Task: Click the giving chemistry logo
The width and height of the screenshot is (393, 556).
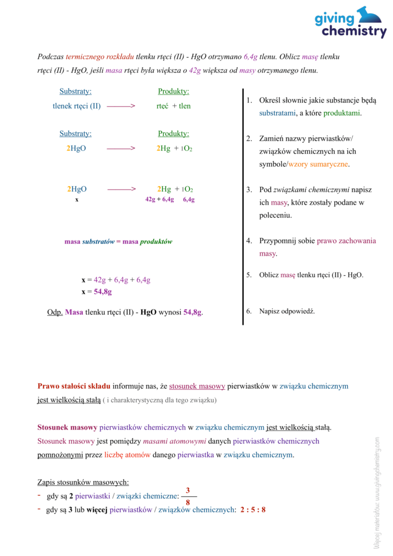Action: (x=350, y=22)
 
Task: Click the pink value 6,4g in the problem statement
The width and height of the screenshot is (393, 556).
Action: (x=250, y=56)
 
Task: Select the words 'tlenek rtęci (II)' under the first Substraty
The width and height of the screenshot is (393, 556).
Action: (x=77, y=106)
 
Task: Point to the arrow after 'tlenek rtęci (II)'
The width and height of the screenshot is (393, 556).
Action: (x=121, y=106)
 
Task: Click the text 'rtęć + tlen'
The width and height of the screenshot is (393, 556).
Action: (x=173, y=106)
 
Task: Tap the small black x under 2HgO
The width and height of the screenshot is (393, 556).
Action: (x=77, y=199)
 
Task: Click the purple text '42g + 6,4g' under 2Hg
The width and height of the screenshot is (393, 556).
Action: (x=160, y=199)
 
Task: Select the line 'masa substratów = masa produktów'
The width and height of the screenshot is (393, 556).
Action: (x=118, y=242)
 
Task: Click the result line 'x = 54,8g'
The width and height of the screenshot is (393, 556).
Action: (x=97, y=292)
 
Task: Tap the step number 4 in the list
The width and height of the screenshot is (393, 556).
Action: (x=249, y=241)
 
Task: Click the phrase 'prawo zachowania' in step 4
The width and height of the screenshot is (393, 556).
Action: (x=346, y=241)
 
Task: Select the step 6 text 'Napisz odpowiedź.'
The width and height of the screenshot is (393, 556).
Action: (x=287, y=311)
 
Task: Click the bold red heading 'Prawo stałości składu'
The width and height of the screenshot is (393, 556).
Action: (x=74, y=386)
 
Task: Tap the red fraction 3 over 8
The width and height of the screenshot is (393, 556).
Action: (x=188, y=496)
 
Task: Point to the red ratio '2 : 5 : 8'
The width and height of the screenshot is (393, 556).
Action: (x=252, y=510)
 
